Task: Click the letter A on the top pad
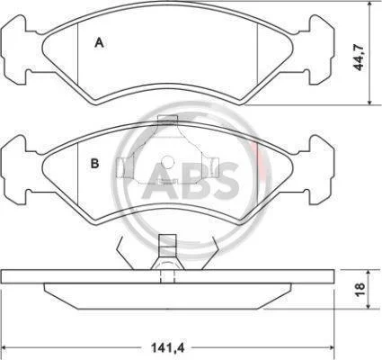[x=99, y=42]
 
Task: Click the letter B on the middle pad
[x=94, y=164]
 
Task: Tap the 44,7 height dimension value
[x=359, y=57]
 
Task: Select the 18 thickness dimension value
[x=360, y=289]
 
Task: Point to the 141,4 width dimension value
[x=168, y=348]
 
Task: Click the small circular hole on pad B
[x=167, y=163]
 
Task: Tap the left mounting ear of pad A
[x=14, y=50]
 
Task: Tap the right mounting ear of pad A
[x=322, y=50]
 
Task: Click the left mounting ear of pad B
[x=14, y=170]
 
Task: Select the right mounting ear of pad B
[x=322, y=170]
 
